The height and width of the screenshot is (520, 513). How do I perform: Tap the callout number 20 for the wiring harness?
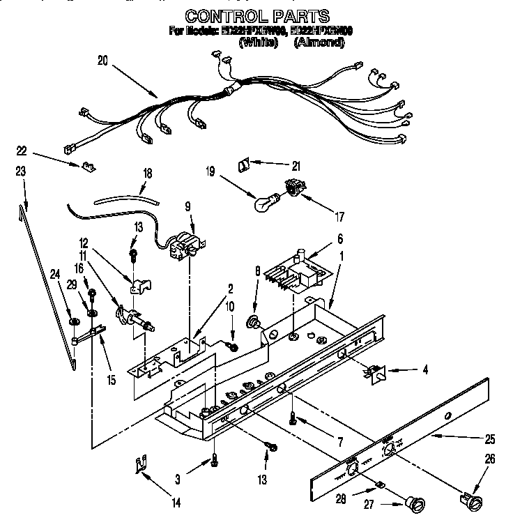pyautogui.click(x=102, y=61)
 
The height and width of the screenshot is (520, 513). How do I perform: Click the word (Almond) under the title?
pyautogui.click(x=319, y=43)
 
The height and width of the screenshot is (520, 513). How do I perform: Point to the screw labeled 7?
pyautogui.click(x=293, y=419)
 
